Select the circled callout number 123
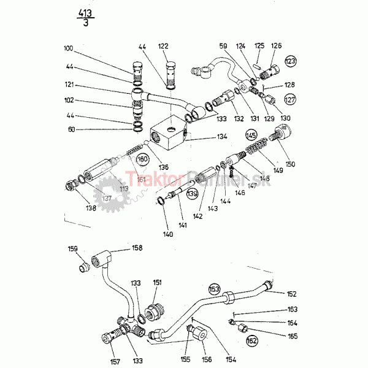pos(290,61)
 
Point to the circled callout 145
pos(251,135)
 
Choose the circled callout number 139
pos(192,194)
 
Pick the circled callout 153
pos(214,288)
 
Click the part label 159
pos(72,249)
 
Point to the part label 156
pos(207,359)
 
